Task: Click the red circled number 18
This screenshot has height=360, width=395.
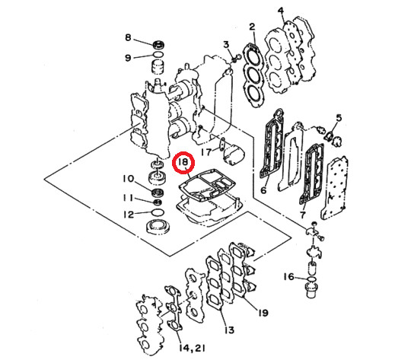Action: pyautogui.click(x=183, y=163)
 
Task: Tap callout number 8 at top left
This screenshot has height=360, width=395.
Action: pyautogui.click(x=128, y=38)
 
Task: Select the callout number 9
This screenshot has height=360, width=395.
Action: pyautogui.click(x=128, y=57)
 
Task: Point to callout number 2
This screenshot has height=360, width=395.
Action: pyautogui.click(x=252, y=29)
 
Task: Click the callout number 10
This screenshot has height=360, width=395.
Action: pyautogui.click(x=128, y=180)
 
